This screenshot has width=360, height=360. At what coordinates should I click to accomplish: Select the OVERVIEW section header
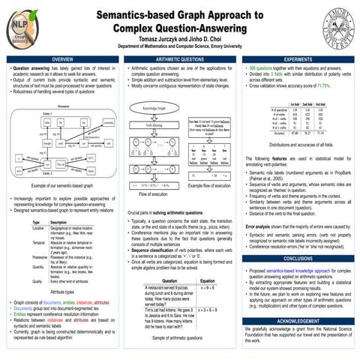(x=61, y=59)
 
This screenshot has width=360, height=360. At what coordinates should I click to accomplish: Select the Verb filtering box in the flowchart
(x=153, y=124)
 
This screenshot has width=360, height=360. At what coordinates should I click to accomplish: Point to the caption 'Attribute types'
(x=61, y=292)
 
